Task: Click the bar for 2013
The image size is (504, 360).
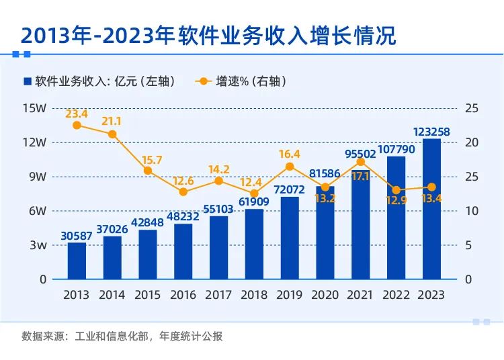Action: click(77, 261)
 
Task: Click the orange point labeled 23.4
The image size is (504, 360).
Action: click(77, 125)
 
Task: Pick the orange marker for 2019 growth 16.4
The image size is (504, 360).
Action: click(290, 167)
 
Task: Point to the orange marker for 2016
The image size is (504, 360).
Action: click(183, 191)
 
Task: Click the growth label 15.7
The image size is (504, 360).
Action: click(148, 160)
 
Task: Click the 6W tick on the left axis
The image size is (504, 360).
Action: click(36, 211)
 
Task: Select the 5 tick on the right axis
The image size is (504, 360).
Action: click(470, 245)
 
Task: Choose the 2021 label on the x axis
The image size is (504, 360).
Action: click(360, 295)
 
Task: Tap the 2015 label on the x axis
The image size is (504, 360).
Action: click(148, 295)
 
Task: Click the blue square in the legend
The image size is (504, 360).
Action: click(28, 81)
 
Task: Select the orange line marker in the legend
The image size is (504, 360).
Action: click(203, 81)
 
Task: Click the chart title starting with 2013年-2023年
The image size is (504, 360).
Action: click(208, 36)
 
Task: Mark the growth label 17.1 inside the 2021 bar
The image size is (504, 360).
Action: click(360, 175)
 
